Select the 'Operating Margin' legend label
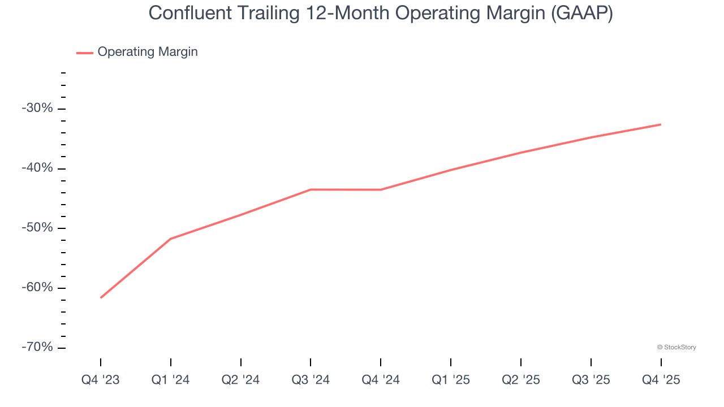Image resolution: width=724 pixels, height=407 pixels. point(148,52)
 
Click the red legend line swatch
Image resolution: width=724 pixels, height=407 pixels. point(85,53)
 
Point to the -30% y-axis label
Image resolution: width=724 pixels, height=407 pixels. point(37,108)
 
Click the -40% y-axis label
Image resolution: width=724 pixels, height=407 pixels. point(37,168)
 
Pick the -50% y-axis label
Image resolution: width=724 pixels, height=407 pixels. point(37,228)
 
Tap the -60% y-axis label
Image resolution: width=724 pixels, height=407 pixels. point(37,287)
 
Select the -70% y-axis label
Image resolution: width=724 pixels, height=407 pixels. point(37,347)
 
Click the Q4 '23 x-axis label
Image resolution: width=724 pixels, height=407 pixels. point(101,380)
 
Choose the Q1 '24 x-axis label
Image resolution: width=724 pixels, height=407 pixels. point(171,380)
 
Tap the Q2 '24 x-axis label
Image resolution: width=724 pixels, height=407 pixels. point(241,380)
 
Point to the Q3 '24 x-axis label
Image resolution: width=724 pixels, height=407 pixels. point(311,380)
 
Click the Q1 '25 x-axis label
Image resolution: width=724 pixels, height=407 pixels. point(451,380)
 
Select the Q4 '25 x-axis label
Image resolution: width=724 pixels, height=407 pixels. point(661,380)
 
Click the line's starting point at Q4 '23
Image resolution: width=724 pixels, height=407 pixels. point(101,297)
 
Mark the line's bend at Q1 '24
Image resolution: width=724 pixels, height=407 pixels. point(171,239)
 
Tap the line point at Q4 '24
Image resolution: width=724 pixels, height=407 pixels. point(381,189)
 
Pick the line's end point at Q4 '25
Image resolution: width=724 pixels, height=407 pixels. point(661,124)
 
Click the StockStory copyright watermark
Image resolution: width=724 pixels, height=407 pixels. point(676,347)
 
